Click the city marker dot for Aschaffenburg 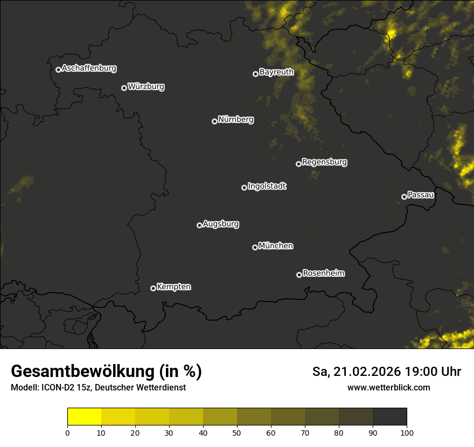58,69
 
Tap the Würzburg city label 146,86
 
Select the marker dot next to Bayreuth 255,74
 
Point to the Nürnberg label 236,120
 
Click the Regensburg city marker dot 298,164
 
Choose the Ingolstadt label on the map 267,186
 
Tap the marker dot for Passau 404,197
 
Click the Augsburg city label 221,224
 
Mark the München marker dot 255,247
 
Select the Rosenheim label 323,273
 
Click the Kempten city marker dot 153,288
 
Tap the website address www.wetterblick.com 388,388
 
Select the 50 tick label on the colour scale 237,432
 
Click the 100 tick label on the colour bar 407,432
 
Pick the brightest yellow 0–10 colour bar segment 85,417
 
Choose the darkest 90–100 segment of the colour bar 389,417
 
